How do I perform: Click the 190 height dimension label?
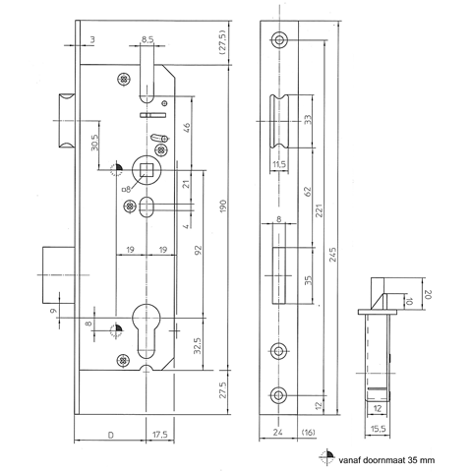223,206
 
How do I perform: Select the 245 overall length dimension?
332,255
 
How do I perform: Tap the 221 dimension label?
320,210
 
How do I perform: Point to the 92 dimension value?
198,250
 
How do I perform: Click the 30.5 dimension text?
94,143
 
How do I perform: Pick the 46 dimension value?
186,128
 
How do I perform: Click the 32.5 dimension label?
197,345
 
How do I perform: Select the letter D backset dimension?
111,435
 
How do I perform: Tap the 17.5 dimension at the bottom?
160,435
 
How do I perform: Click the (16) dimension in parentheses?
308,433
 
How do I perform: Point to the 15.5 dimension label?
378,429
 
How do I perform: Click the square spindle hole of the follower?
146,170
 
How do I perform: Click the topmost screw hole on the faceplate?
279,40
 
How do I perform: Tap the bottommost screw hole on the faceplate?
278,395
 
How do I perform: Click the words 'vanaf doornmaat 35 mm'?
386,460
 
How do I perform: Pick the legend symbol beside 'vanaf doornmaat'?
326,456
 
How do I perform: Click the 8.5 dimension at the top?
147,40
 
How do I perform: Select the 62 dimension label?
307,191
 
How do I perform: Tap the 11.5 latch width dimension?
279,164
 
